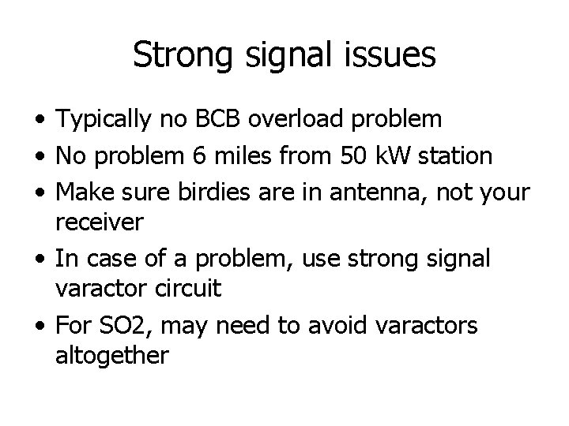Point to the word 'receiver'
point(100,222)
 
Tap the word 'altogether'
point(111,356)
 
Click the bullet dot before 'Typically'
point(39,121)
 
